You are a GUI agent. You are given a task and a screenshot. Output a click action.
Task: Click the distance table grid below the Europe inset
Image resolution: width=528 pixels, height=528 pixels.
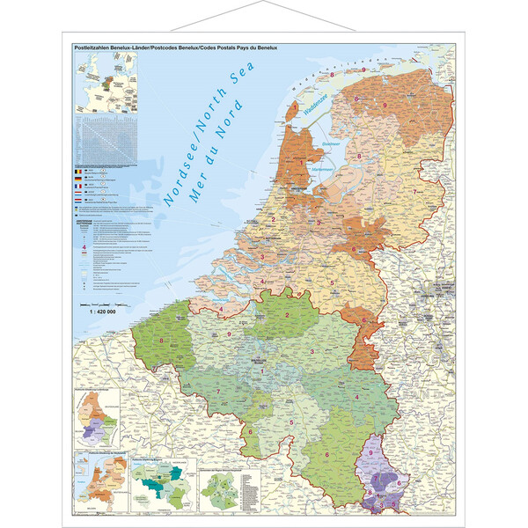click(106, 141)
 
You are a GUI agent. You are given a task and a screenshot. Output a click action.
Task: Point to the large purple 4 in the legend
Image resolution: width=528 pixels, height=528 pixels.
click(84, 248)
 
